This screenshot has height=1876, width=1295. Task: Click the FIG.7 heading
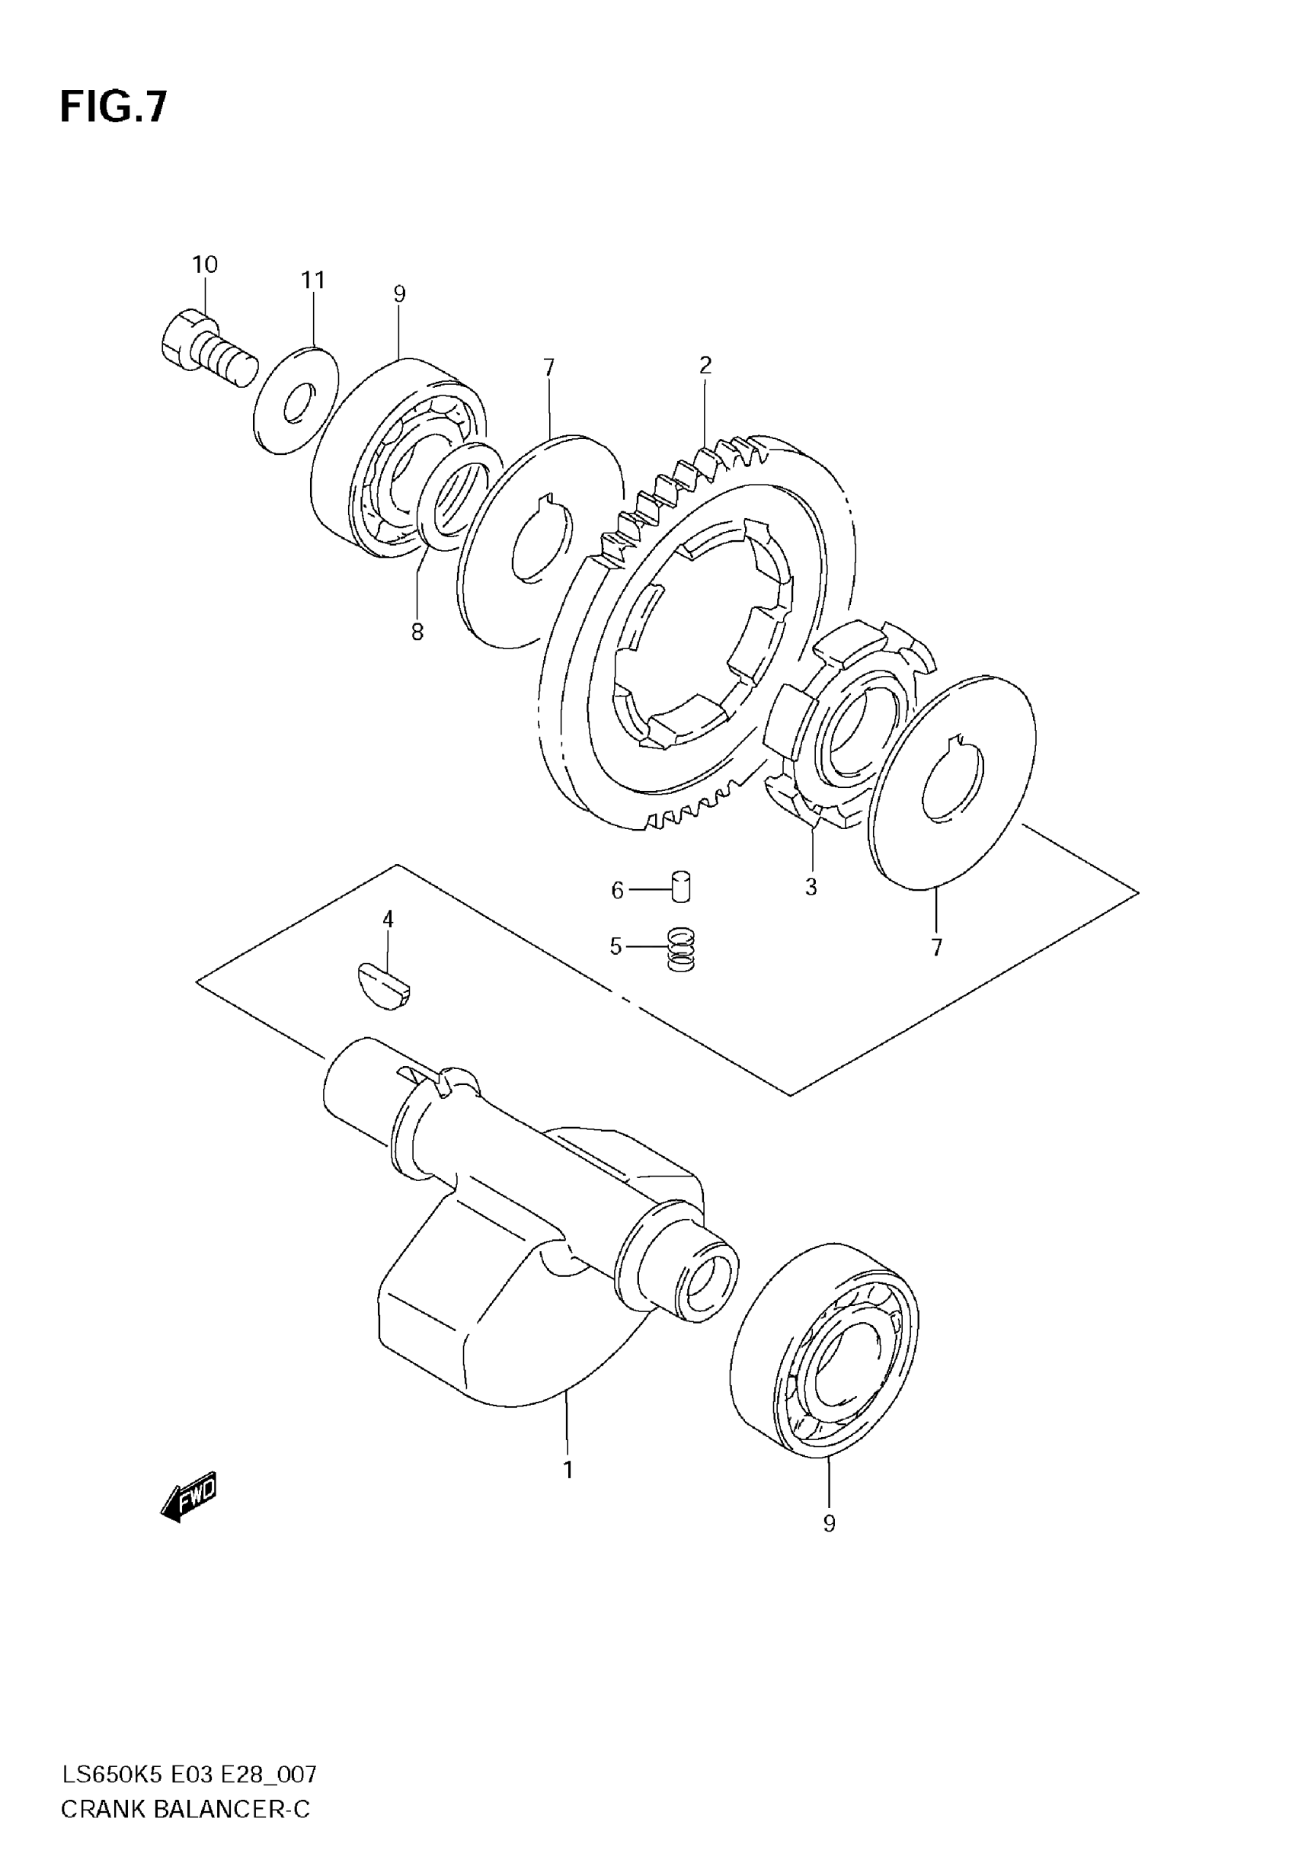click(x=113, y=106)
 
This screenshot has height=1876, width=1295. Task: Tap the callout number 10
click(x=204, y=264)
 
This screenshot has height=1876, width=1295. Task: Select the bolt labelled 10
click(x=208, y=350)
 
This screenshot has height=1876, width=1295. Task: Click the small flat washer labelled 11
click(x=296, y=399)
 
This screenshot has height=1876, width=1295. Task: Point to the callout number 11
click(x=312, y=280)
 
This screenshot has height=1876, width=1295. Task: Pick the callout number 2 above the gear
click(x=705, y=365)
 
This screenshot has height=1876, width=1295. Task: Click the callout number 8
click(x=417, y=632)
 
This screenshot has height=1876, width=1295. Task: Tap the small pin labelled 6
click(x=682, y=886)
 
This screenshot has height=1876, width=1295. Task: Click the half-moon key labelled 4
click(x=384, y=985)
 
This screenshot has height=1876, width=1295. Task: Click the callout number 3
click(x=811, y=887)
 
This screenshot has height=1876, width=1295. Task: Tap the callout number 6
click(x=618, y=891)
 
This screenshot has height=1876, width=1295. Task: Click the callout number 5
click(x=616, y=947)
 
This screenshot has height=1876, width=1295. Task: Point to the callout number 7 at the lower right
click(x=936, y=947)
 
